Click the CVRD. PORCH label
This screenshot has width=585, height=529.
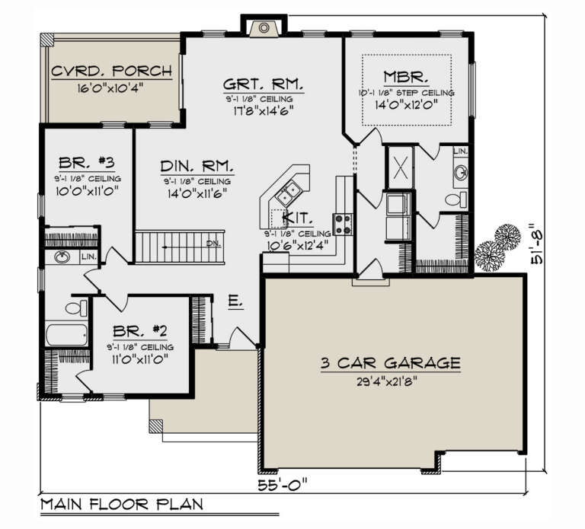click(x=111, y=73)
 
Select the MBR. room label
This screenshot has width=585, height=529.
click(x=408, y=77)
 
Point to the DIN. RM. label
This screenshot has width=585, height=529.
click(x=197, y=166)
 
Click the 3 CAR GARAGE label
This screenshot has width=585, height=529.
click(x=389, y=363)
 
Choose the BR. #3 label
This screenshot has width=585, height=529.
click(x=86, y=163)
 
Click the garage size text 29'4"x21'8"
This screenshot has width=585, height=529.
click(x=389, y=381)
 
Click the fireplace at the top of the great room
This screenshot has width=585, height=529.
click(x=263, y=27)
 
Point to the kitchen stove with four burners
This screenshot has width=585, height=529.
click(x=342, y=223)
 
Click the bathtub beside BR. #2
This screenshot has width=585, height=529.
click(x=68, y=335)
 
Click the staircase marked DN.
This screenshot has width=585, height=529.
click(x=181, y=245)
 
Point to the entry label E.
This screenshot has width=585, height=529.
click(x=235, y=302)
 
